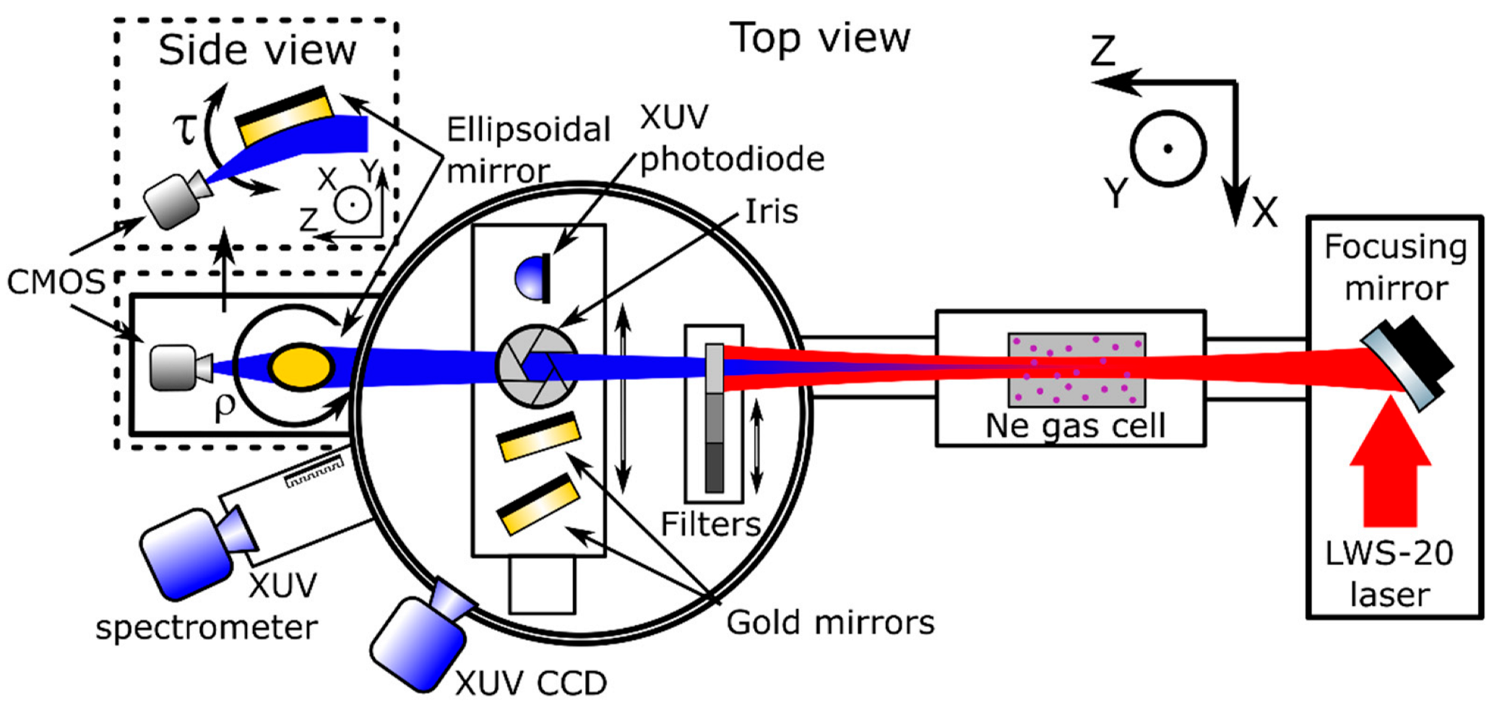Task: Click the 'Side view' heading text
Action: pos(257,51)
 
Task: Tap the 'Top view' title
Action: pos(820,38)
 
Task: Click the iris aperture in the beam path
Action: pos(537,366)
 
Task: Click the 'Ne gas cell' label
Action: pos(1075,426)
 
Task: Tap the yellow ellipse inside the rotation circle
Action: pos(301,366)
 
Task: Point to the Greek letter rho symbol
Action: pos(225,406)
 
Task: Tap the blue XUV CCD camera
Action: pos(419,640)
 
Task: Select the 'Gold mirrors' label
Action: pos(830,623)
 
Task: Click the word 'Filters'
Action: pos(711,524)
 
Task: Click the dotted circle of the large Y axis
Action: pos(1167,149)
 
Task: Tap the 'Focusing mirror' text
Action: pos(1395,267)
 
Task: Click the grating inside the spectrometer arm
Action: pos(314,475)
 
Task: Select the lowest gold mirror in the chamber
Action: pos(538,505)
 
